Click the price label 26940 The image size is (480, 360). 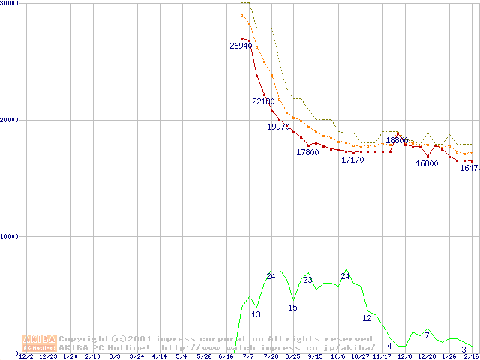point(241,46)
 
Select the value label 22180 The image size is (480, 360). point(263,101)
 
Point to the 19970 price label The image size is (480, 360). point(278,127)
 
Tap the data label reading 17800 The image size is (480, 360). point(307,152)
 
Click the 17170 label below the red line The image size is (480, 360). point(352,160)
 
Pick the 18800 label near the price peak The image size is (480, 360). point(397,140)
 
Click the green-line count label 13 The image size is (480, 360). point(256,314)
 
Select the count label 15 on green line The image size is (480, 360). point(292,307)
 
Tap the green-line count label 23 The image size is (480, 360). point(307,280)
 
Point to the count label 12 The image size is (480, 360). point(367,318)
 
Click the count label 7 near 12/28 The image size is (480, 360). point(427,334)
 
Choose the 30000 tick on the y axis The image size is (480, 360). point(10,3)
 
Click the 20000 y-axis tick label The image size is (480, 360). point(10,120)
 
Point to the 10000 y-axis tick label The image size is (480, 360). point(10,236)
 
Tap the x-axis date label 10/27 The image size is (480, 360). point(360,356)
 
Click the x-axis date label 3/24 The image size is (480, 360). point(136,356)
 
